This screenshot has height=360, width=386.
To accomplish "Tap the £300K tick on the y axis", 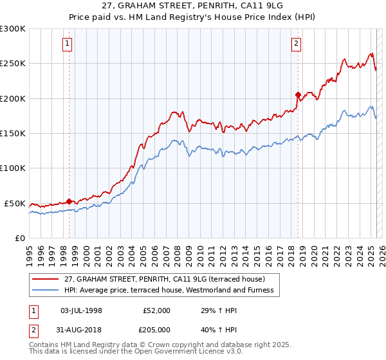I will point(13,29).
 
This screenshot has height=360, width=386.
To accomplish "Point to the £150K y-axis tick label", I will point(13,133).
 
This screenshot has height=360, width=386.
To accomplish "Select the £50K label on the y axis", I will point(15,203).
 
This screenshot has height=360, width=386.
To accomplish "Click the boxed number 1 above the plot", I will point(68,44).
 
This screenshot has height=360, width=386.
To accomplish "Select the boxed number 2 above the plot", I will point(296,44).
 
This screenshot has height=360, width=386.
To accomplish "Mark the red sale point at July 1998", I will point(69,201).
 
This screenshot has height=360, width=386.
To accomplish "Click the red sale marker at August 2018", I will point(298,94).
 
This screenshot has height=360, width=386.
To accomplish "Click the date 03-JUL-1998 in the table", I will point(81,310).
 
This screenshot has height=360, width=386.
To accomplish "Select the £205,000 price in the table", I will point(156,328).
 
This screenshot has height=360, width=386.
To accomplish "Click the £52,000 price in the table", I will point(156,310).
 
